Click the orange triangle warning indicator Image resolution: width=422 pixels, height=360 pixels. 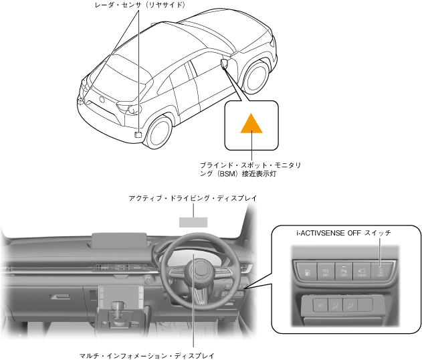click(x=251, y=124)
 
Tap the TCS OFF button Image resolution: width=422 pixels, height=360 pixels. click(x=326, y=270)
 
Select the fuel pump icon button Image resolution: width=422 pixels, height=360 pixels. click(x=305, y=270)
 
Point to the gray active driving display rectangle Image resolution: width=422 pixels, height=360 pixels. click(x=193, y=221)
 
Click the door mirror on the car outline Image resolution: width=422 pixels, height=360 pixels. click(x=223, y=64)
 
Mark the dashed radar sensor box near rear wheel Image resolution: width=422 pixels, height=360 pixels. click(x=138, y=134)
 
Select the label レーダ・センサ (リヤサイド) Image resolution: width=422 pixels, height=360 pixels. click(x=140, y=5)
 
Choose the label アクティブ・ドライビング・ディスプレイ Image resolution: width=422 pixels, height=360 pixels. click(x=193, y=199)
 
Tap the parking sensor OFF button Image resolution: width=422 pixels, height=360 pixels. click(x=344, y=270)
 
